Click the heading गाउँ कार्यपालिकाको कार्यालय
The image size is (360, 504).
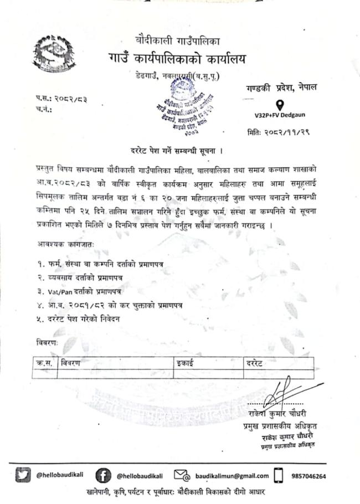click(177, 59)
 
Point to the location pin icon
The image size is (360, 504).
click(280, 104)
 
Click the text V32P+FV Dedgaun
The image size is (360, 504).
click(280, 116)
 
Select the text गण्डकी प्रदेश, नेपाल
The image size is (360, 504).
click(282, 88)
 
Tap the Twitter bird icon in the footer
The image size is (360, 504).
click(23, 475)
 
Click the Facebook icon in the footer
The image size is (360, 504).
click(103, 475)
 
